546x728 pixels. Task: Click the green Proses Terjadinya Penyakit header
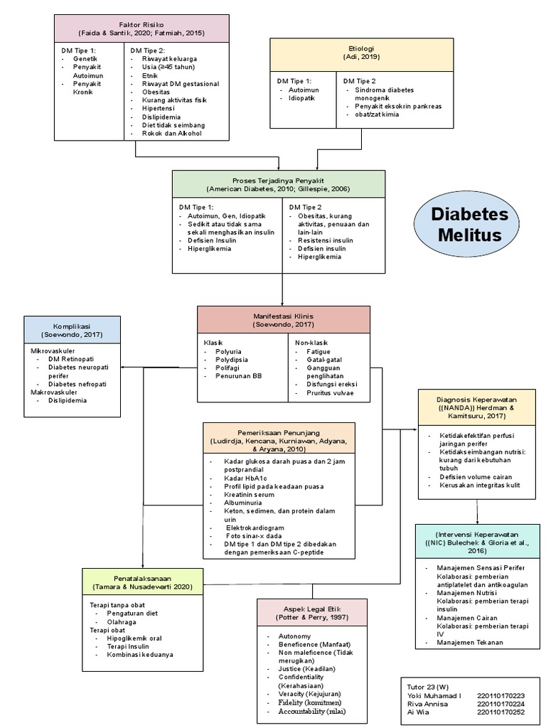pyautogui.click(x=279, y=184)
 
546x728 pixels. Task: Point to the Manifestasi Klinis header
pyautogui.click(x=283, y=319)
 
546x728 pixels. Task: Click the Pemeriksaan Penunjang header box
pyautogui.click(x=279, y=437)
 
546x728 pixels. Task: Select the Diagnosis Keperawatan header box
pyautogui.click(x=477, y=406)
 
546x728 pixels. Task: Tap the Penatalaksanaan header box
pyautogui.click(x=143, y=582)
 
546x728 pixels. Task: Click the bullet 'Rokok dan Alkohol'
pyautogui.click(x=171, y=133)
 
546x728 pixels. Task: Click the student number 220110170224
pyautogui.click(x=500, y=704)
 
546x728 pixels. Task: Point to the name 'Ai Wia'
pyautogui.click(x=419, y=712)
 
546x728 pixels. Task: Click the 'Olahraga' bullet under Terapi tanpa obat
pyautogui.click(x=123, y=621)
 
